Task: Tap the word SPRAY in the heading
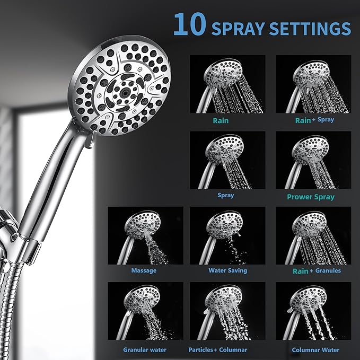[237, 28]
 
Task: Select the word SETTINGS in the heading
[308, 28]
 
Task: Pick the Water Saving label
[227, 270]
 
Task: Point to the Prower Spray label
[311, 197]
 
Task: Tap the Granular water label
[145, 350]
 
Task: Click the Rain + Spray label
[314, 120]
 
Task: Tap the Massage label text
[144, 270]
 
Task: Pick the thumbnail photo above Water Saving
[227, 235]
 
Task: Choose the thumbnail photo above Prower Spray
[313, 160]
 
